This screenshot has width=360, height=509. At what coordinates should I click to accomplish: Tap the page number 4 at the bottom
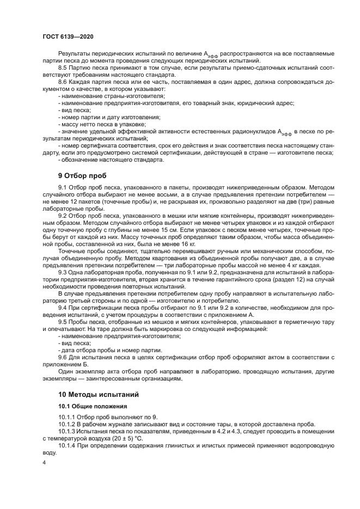44,462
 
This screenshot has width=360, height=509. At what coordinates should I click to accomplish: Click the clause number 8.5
64,67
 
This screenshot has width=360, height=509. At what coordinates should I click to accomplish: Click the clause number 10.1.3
68,431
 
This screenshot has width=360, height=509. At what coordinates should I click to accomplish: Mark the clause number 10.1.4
68,445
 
